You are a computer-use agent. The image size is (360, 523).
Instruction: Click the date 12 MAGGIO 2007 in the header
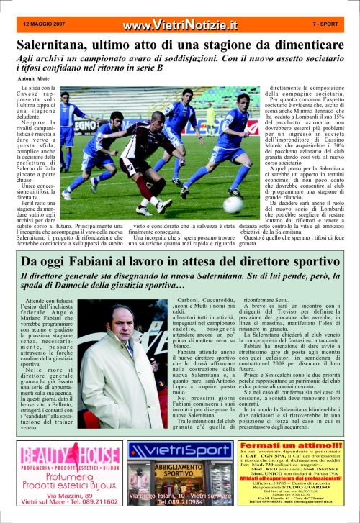tap(43, 24)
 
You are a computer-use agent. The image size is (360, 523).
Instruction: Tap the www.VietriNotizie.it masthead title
tap(180, 25)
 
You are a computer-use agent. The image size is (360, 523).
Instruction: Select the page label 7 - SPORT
tap(328, 24)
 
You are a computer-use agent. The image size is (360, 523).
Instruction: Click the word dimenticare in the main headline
tap(302, 45)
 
